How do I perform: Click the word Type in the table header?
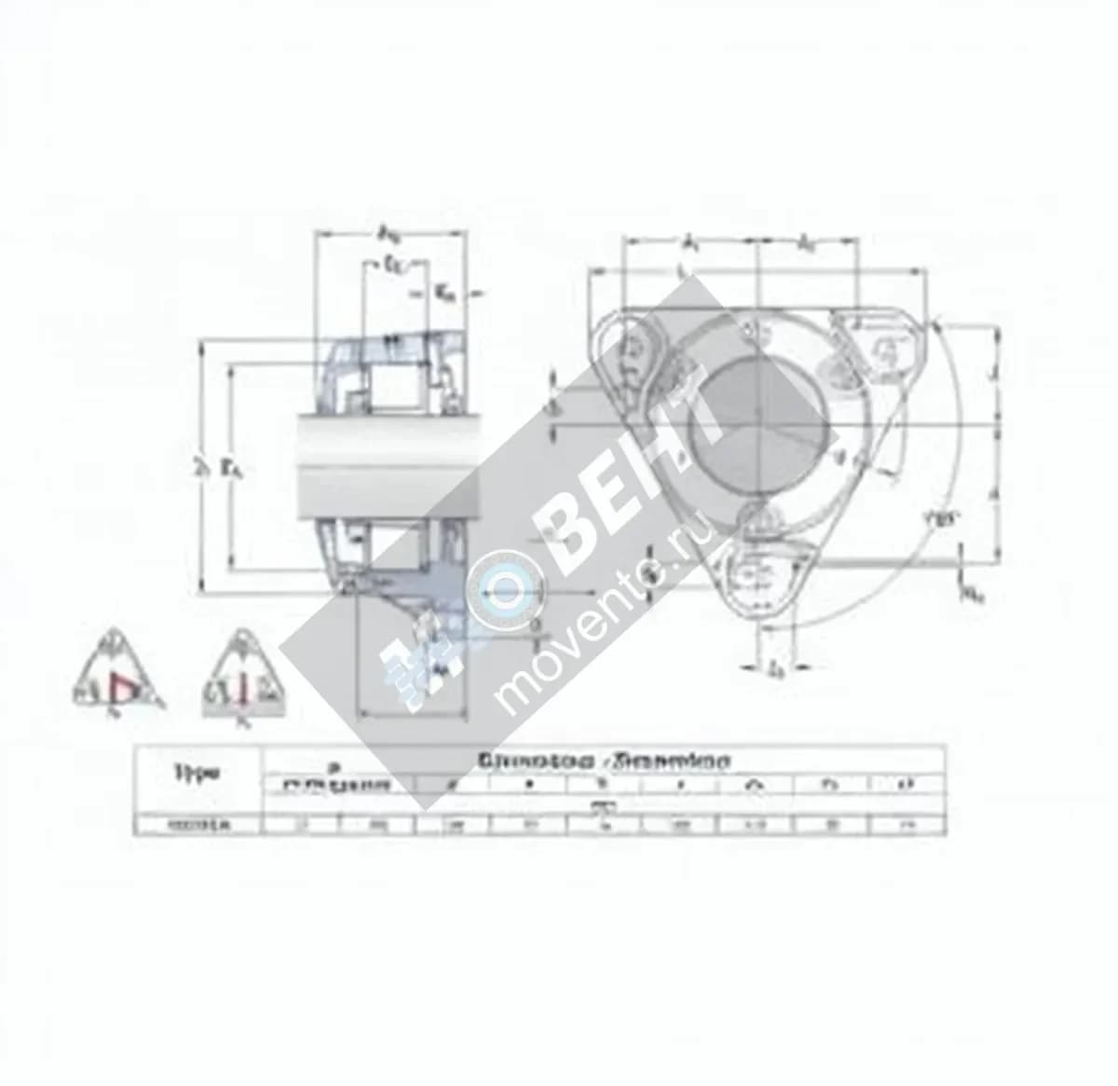[197, 772]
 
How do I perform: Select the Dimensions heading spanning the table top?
[603, 760]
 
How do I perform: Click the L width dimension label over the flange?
[685, 270]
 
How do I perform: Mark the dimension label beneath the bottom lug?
[774, 667]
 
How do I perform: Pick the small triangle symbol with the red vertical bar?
[243, 678]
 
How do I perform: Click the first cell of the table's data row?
[197, 823]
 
